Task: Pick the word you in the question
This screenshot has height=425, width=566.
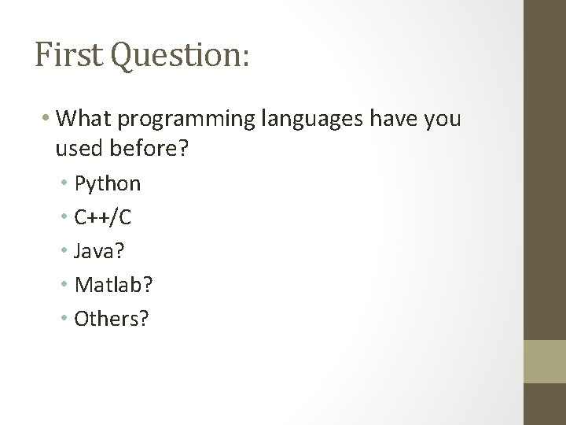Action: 443,121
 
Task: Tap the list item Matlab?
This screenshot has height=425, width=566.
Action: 114,285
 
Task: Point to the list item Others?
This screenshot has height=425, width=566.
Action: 112,319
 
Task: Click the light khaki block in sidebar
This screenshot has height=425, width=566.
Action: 546,361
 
